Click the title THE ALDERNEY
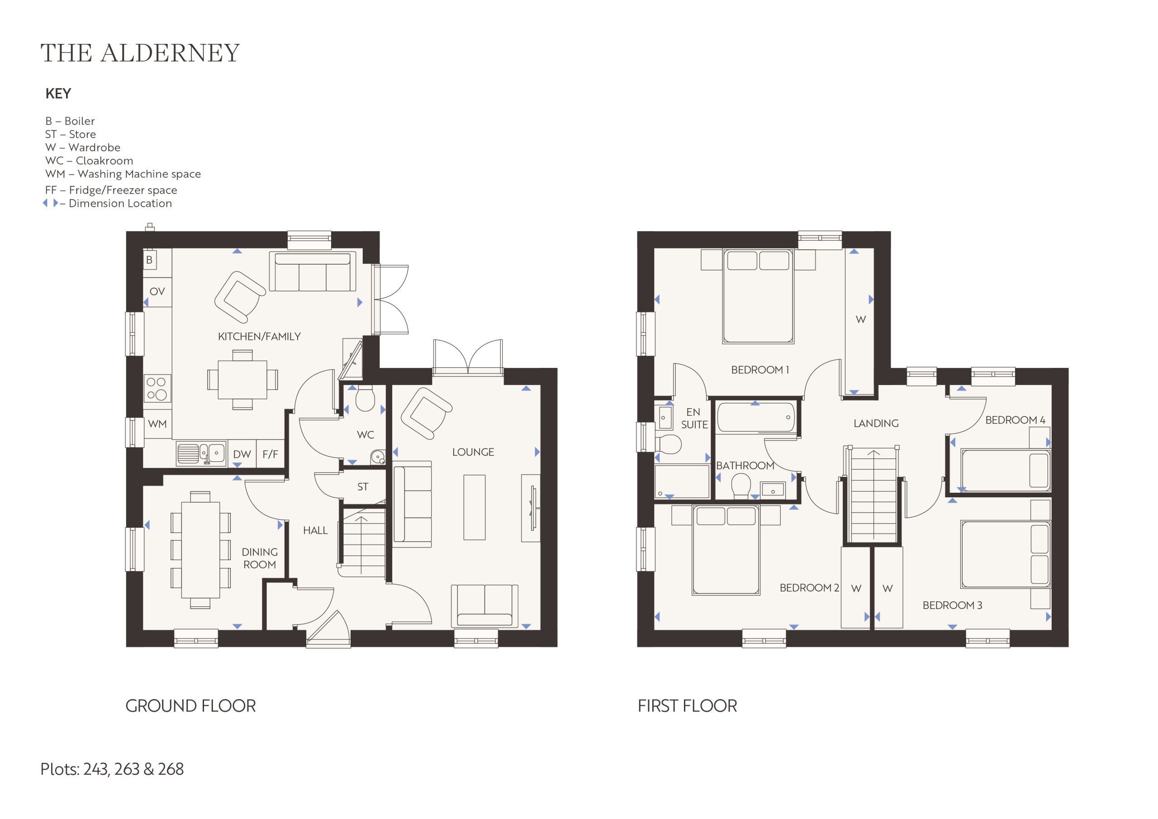140,53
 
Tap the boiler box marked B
149,260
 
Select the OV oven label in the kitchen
157,291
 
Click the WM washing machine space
157,424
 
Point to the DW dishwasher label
242,454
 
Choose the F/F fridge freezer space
271,454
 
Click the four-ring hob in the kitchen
157,389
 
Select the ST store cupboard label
363,487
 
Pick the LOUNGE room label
473,452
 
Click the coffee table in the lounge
474,507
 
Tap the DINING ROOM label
260,558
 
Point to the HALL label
315,530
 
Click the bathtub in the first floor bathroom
755,417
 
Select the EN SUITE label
694,419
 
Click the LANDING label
876,424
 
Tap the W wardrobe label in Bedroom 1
861,319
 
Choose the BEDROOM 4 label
1015,420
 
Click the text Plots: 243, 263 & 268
112,769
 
